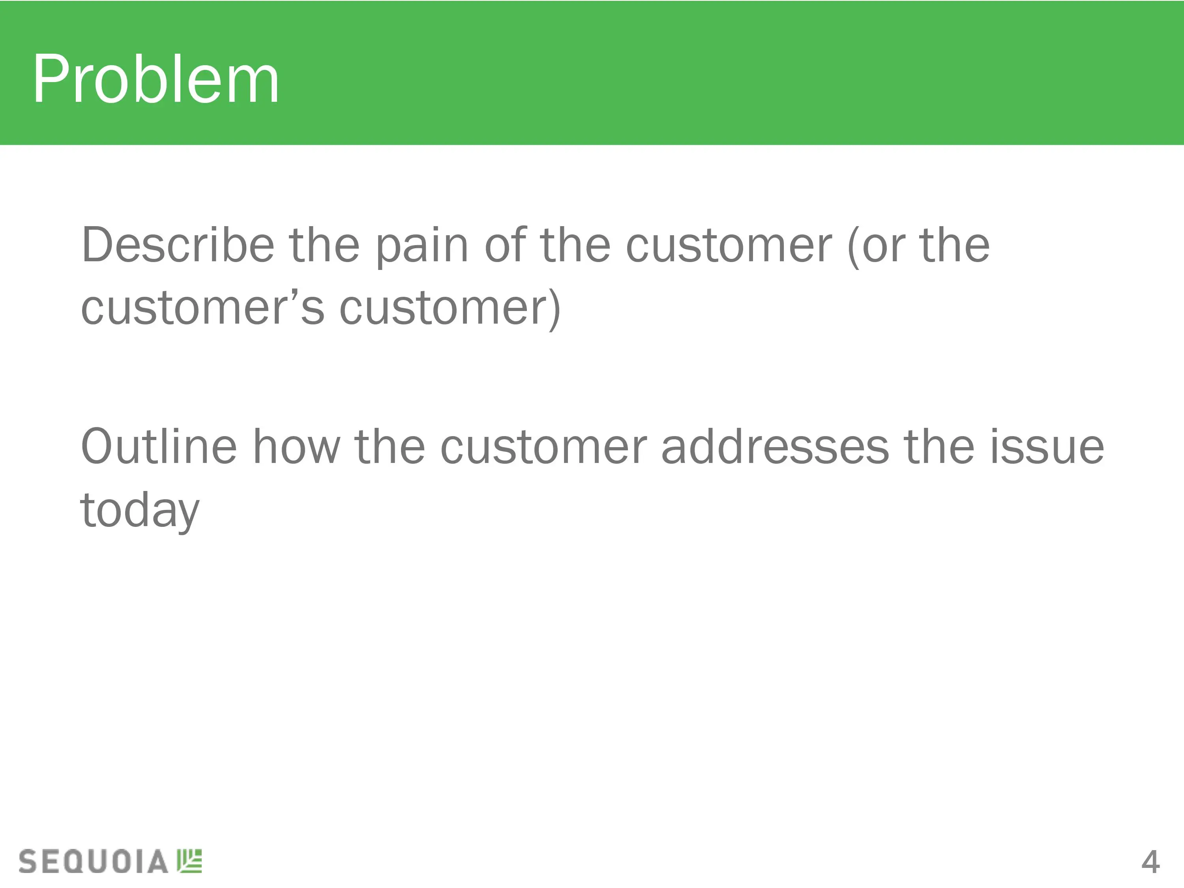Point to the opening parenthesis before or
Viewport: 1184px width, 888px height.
pyautogui.click(x=853, y=246)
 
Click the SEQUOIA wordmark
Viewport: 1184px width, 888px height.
pyautogui.click(x=93, y=861)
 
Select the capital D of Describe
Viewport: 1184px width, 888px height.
pyautogui.click(x=99, y=245)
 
